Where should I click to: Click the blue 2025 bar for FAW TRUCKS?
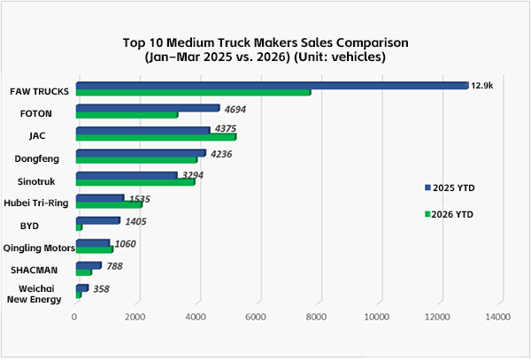coord(272,86)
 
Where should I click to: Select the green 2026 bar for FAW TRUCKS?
coord(193,93)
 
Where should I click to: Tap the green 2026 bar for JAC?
coord(156,137)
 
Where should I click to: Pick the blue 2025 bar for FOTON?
coord(148,108)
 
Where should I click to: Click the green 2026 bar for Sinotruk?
coord(135,182)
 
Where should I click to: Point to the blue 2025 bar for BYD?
coord(97,220)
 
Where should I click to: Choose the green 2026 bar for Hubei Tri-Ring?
coord(109,204)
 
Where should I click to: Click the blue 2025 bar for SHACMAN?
coord(88,265)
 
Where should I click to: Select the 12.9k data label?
coord(481,86)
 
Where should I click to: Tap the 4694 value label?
coord(235,108)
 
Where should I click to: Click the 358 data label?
coord(101,288)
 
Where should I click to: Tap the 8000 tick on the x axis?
coord(317,317)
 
